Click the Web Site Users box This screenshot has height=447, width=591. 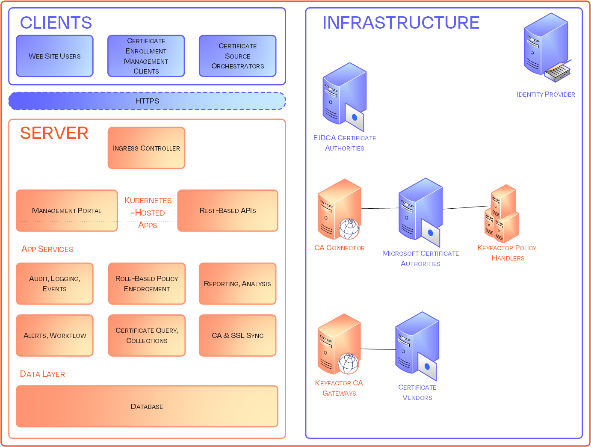click(x=55, y=56)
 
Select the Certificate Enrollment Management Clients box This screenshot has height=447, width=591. click(x=146, y=56)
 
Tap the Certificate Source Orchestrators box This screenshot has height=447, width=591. click(x=237, y=56)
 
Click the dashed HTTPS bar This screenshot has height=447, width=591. click(x=147, y=101)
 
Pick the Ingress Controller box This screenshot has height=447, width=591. click(x=146, y=148)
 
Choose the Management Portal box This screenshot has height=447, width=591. click(x=67, y=210)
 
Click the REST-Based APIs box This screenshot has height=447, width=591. click(x=228, y=210)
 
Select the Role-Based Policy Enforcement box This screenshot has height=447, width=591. click(x=147, y=284)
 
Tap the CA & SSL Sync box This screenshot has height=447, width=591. click(x=237, y=335)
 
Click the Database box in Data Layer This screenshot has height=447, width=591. click(x=147, y=406)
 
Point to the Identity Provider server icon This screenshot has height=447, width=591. click(x=547, y=47)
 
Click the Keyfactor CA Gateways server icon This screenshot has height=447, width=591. click(x=339, y=344)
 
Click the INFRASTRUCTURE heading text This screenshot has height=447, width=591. click(x=401, y=23)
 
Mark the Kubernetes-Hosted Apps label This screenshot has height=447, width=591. click(x=148, y=213)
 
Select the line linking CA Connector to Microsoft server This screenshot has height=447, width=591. click(x=380, y=208)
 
